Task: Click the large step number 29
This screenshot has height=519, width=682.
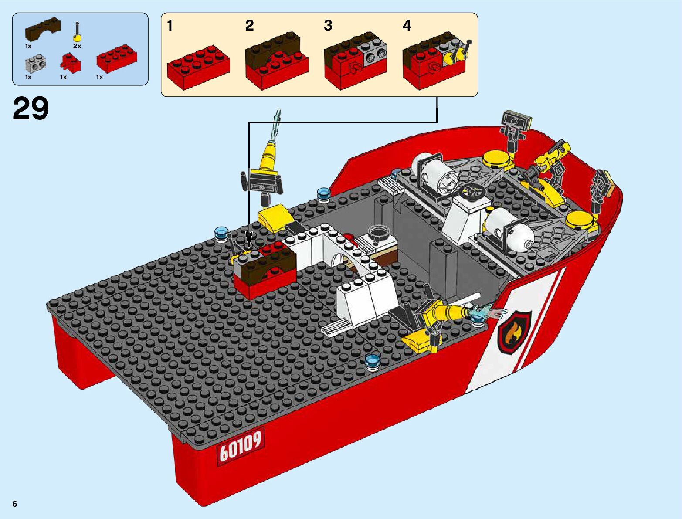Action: tap(31, 108)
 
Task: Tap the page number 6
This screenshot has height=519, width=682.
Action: tap(15, 504)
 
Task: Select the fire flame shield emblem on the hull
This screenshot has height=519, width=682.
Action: tap(514, 332)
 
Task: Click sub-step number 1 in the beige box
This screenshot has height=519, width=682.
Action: tap(170, 25)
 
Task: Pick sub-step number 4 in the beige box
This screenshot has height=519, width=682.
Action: tap(407, 25)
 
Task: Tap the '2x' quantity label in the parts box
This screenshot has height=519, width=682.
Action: tap(77, 46)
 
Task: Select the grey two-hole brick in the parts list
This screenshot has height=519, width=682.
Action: tap(36, 63)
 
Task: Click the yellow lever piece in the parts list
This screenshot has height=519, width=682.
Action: tap(78, 33)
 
